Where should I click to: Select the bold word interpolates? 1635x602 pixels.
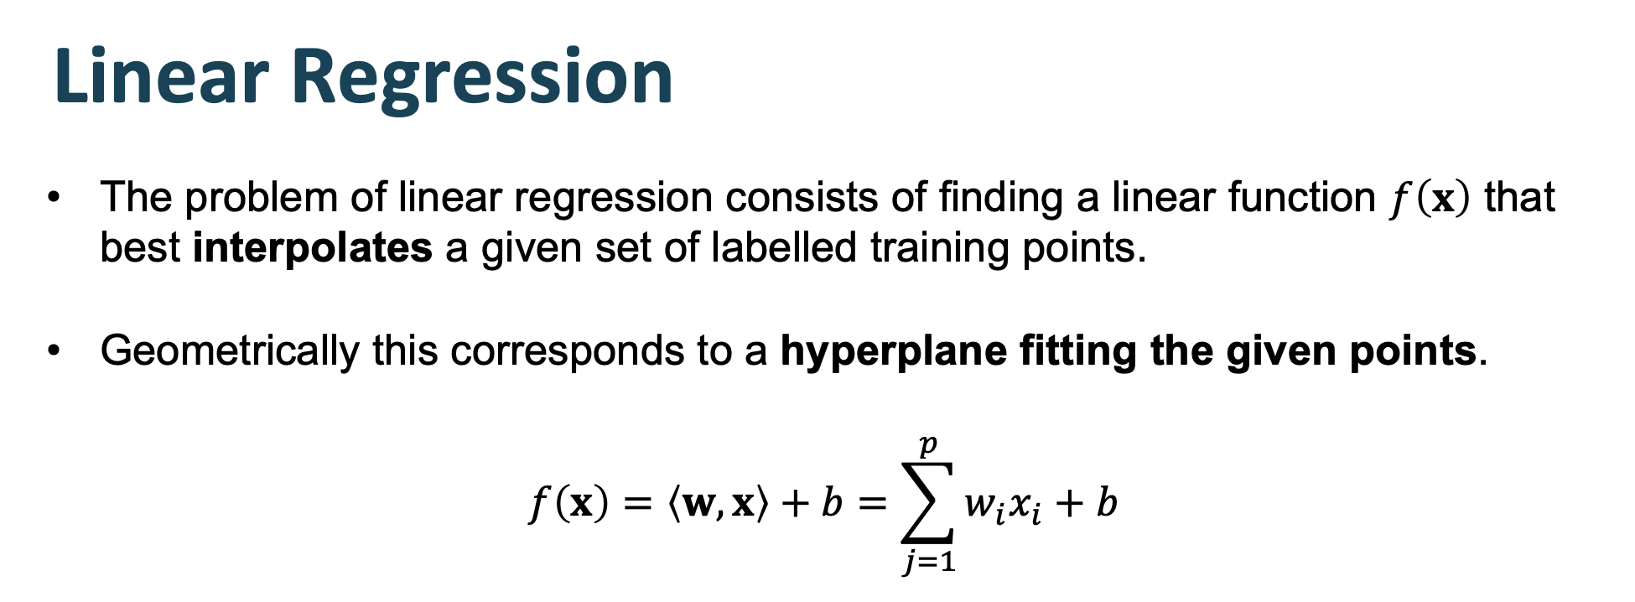click(312, 248)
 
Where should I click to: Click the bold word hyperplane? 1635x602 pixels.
click(893, 350)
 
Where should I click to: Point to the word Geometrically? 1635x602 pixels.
click(229, 350)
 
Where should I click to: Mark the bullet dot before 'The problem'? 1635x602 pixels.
click(54, 199)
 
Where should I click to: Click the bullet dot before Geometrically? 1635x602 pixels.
click(54, 350)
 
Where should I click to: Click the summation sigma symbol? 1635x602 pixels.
click(926, 503)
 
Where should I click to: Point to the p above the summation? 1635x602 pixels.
click(927, 444)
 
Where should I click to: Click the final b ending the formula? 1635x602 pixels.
click(1107, 502)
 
